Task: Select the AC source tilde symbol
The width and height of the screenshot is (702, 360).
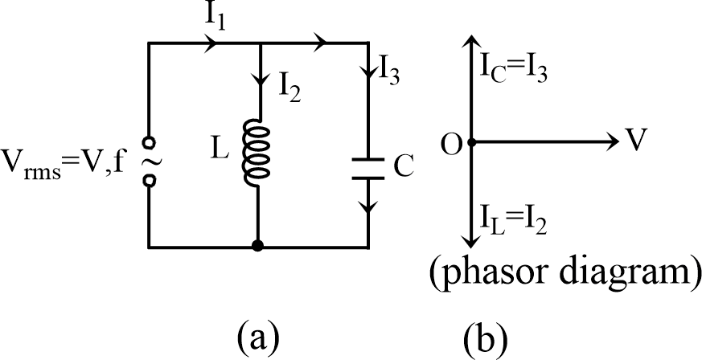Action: pyautogui.click(x=150, y=162)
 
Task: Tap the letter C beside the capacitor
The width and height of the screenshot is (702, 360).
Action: pyautogui.click(x=404, y=167)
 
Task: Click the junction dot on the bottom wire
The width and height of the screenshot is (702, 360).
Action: pyautogui.click(x=257, y=244)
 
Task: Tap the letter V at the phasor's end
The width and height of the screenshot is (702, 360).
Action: pyautogui.click(x=638, y=142)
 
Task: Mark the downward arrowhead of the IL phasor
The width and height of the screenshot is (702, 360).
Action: pyautogui.click(x=471, y=241)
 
